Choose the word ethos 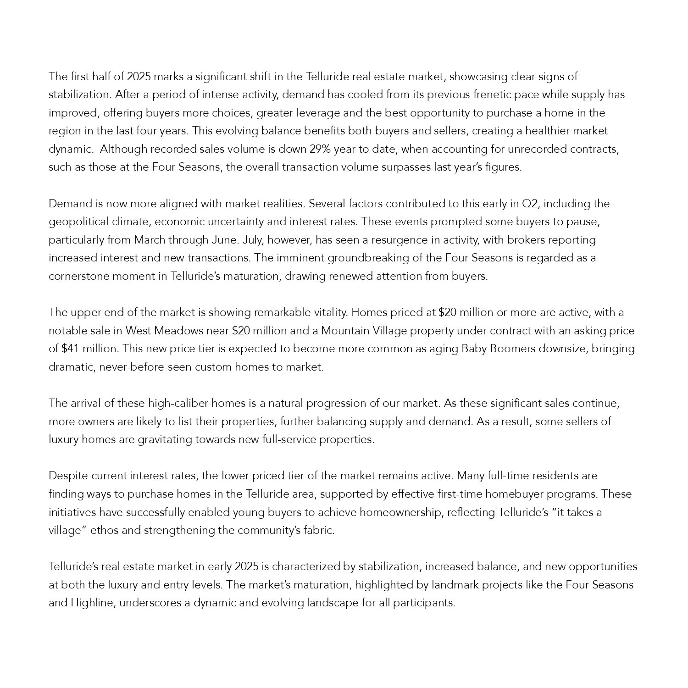[x=104, y=530]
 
